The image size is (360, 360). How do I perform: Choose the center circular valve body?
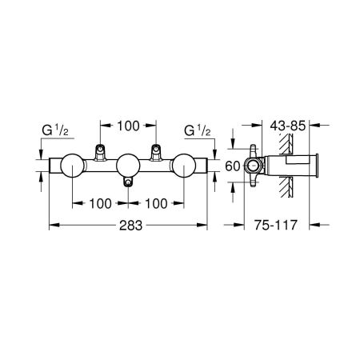click(x=129, y=166)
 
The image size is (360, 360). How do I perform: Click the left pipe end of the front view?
click(x=52, y=166)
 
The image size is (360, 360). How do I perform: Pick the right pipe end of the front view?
click(x=206, y=166)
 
